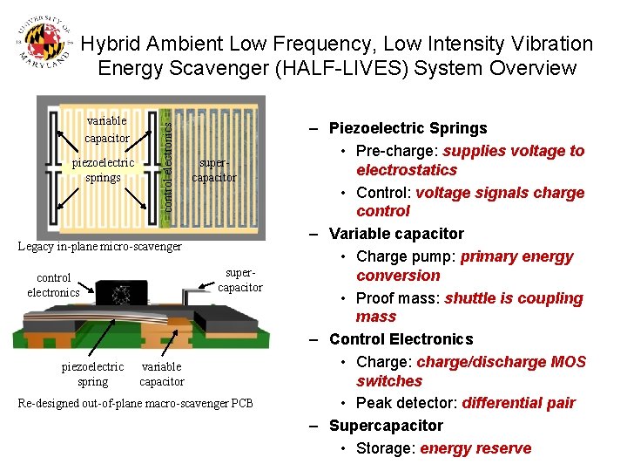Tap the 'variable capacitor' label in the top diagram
tap(107, 129)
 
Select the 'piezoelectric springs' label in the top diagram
tap(104, 170)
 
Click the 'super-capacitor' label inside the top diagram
tap(213, 170)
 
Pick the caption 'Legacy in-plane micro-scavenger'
tap(100, 247)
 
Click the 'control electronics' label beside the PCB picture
tap(53, 285)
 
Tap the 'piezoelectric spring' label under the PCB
tap(93, 374)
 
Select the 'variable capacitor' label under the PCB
tap(162, 374)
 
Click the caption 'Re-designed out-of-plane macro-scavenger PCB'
tap(136, 403)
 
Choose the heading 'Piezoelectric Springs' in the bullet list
tap(408, 128)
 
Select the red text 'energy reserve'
tap(475, 448)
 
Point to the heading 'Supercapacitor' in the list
tap(386, 426)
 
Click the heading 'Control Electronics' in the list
tap(401, 339)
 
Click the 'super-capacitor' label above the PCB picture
tap(239, 280)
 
